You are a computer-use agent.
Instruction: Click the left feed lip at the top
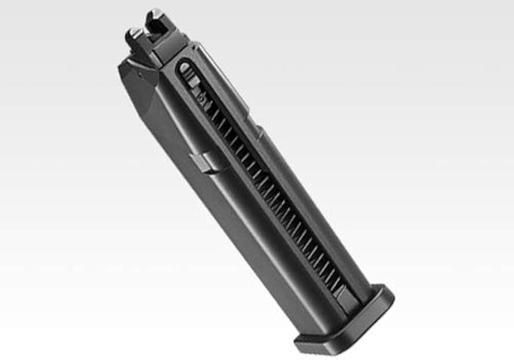pyautogui.click(x=134, y=36)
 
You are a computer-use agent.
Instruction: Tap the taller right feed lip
pyautogui.click(x=155, y=19)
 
